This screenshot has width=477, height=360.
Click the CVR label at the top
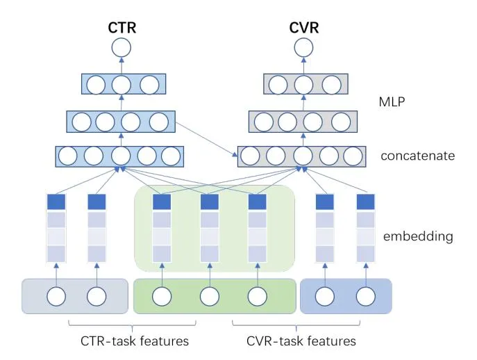303,28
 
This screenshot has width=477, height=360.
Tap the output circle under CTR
121,48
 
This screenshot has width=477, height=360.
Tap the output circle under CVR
303,48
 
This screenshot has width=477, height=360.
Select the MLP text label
392,101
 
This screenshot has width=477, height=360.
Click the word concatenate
417,156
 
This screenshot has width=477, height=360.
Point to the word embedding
417,236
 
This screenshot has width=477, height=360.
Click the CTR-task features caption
133,341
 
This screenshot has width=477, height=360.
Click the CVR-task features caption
301,341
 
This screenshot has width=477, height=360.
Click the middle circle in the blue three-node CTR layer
121,85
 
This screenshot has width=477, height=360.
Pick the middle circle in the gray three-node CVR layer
303,85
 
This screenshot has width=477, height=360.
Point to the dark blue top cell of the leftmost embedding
56,202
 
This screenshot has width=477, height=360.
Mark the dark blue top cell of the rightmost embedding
366,202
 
